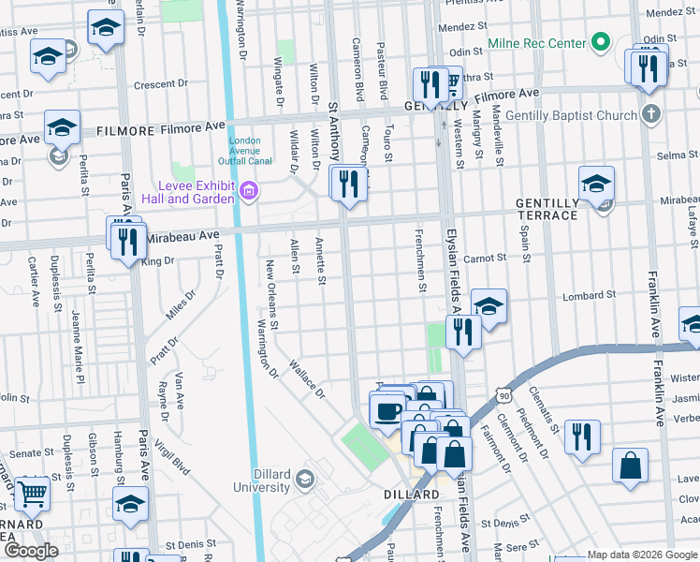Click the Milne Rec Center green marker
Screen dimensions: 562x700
602,42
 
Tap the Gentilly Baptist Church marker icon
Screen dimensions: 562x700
651,115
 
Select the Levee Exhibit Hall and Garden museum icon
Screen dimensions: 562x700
249,192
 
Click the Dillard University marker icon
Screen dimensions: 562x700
304,481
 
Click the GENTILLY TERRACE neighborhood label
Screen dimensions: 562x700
547,209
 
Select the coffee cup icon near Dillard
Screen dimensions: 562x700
387,409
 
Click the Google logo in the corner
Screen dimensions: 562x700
31,551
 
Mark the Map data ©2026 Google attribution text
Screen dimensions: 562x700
643,555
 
